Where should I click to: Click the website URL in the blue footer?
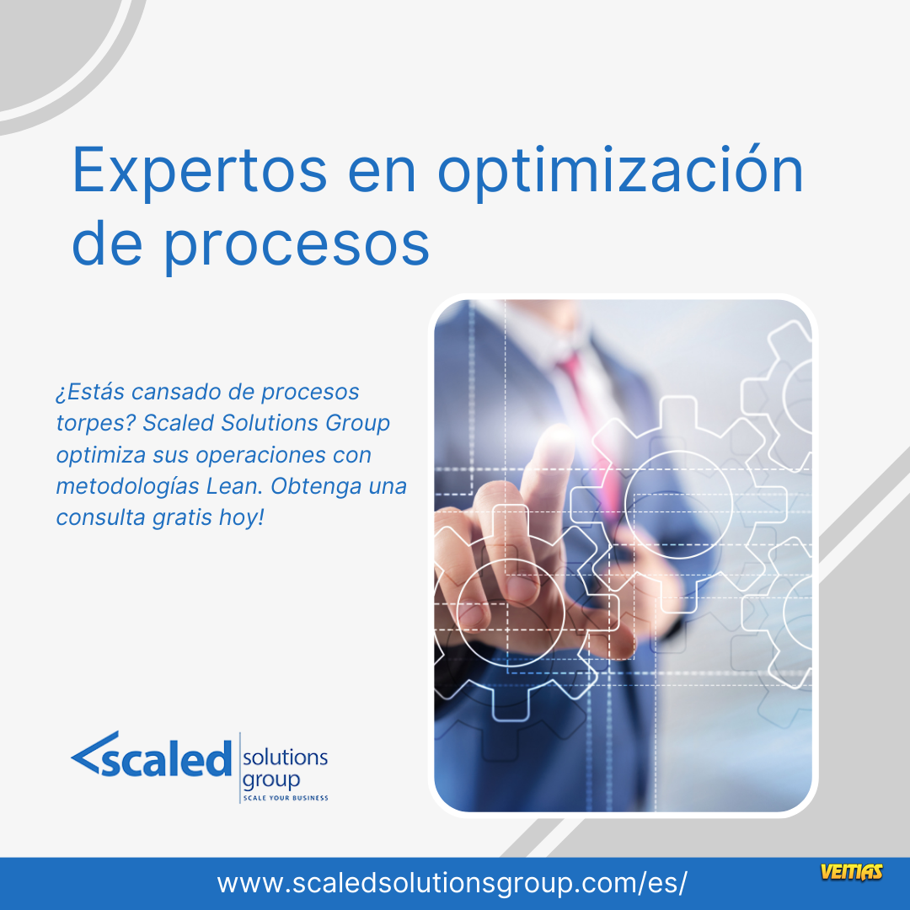[452, 883]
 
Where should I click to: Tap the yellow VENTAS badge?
[851, 872]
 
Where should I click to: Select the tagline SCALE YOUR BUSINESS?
[286, 798]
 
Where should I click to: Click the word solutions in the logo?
[285, 757]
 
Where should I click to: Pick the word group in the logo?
[271, 780]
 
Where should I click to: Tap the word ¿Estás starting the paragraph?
[90, 392]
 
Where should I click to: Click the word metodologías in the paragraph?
[128, 486]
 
